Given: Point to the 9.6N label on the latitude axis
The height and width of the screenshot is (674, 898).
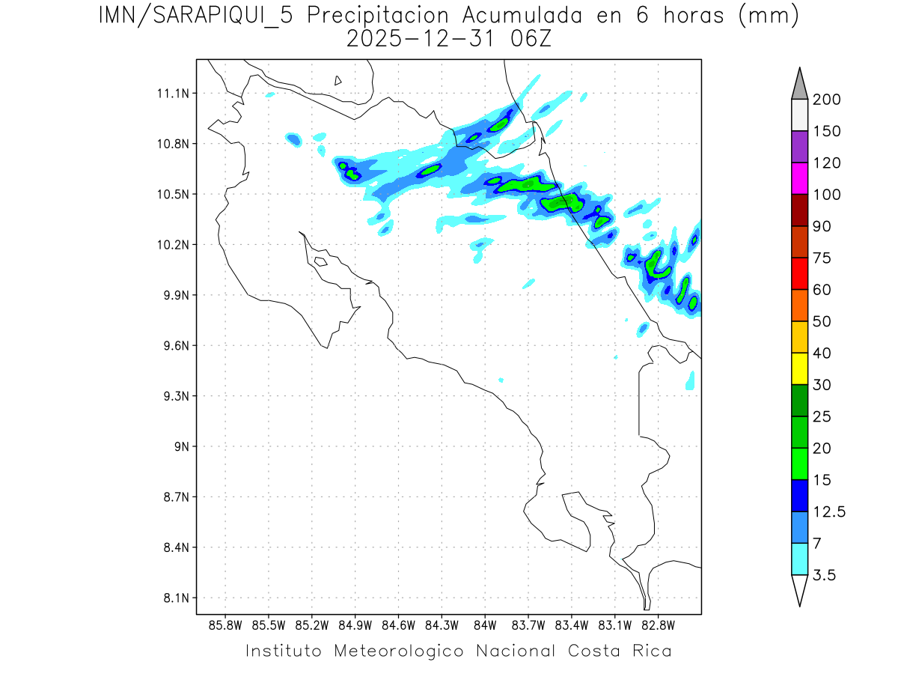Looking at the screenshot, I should click(x=173, y=346).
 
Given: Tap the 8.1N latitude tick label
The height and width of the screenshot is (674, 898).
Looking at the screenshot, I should click(x=173, y=598).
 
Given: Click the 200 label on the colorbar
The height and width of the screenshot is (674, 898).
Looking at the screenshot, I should click(x=826, y=100).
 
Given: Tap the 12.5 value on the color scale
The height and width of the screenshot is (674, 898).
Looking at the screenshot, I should click(x=828, y=511).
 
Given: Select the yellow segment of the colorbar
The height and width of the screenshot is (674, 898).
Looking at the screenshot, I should click(x=799, y=368).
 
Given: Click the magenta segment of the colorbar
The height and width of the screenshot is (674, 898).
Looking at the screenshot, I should click(x=799, y=178).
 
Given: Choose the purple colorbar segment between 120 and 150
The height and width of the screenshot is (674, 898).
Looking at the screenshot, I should click(x=799, y=147).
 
